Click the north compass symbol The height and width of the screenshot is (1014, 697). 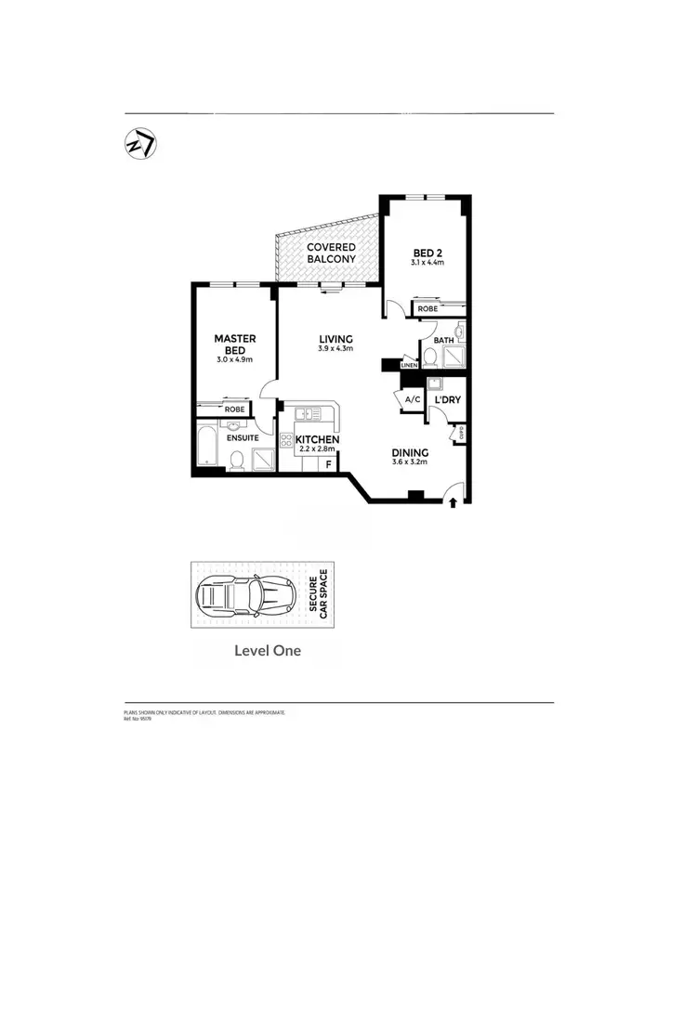click(x=140, y=145)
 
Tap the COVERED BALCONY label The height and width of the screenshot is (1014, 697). click(x=331, y=253)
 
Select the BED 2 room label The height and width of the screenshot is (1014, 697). click(x=427, y=252)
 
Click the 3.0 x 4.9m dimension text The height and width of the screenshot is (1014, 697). click(x=234, y=359)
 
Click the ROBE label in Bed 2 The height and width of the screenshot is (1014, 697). click(x=427, y=309)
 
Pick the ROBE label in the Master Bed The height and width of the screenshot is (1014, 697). click(x=234, y=409)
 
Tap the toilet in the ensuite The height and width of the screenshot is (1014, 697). click(x=237, y=460)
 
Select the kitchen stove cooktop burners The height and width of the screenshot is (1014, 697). click(x=309, y=413)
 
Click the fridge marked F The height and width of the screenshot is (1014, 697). click(x=328, y=461)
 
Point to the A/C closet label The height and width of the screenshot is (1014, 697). click(x=410, y=399)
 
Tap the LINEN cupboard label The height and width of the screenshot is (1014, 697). click(x=409, y=366)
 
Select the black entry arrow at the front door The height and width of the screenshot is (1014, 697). click(x=453, y=502)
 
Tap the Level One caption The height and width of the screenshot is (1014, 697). click(x=268, y=651)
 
